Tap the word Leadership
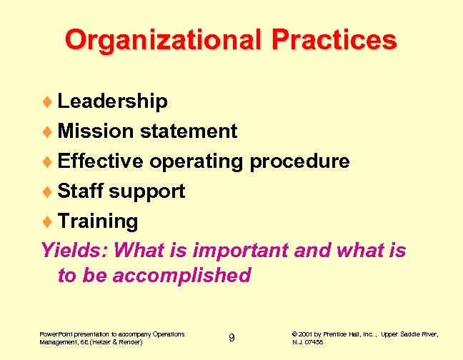coord(113,101)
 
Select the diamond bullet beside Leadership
coord(49,102)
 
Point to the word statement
coord(189,131)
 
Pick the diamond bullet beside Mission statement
coord(49,132)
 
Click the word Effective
coord(101,161)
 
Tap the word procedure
coord(299,161)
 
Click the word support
coord(148,191)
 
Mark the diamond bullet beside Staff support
coord(49,192)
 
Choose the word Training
coord(98,221)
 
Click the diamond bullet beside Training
coord(49,222)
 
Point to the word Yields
coord(74,251)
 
